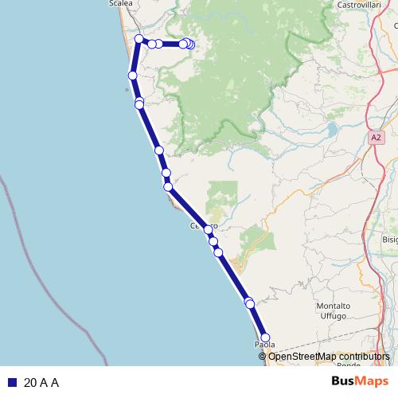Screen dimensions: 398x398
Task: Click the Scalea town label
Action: [x=121, y=4]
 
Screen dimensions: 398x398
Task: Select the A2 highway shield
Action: [x=376, y=138]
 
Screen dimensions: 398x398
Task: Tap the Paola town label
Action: [x=264, y=345]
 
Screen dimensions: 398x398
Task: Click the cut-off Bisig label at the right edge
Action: [x=389, y=239]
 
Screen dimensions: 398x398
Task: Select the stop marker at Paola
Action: [x=265, y=337]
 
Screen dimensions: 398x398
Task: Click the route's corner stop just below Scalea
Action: [x=139, y=39]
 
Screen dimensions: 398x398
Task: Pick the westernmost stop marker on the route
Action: [x=133, y=75]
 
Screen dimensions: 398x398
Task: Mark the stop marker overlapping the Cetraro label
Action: [x=209, y=228]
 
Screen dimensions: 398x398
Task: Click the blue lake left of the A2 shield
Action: [x=330, y=127]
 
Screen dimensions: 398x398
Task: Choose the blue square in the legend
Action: [x=13, y=382]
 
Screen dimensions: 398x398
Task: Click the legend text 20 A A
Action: [x=41, y=382]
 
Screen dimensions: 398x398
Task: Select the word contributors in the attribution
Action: [x=365, y=356]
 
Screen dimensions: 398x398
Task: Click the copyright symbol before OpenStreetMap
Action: [x=263, y=356]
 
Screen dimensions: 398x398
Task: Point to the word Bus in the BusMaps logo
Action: [x=344, y=381]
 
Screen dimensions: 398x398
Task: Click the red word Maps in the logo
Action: [x=372, y=381]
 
